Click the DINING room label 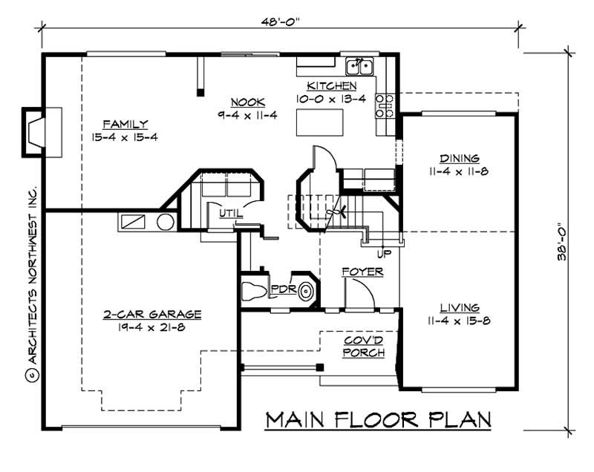(x=459, y=158)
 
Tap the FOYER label (x=362, y=272)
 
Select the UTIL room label (x=229, y=214)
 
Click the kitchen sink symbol (x=361, y=67)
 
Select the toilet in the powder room (x=253, y=290)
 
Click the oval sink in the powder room (x=305, y=292)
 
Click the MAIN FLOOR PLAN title (x=379, y=419)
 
